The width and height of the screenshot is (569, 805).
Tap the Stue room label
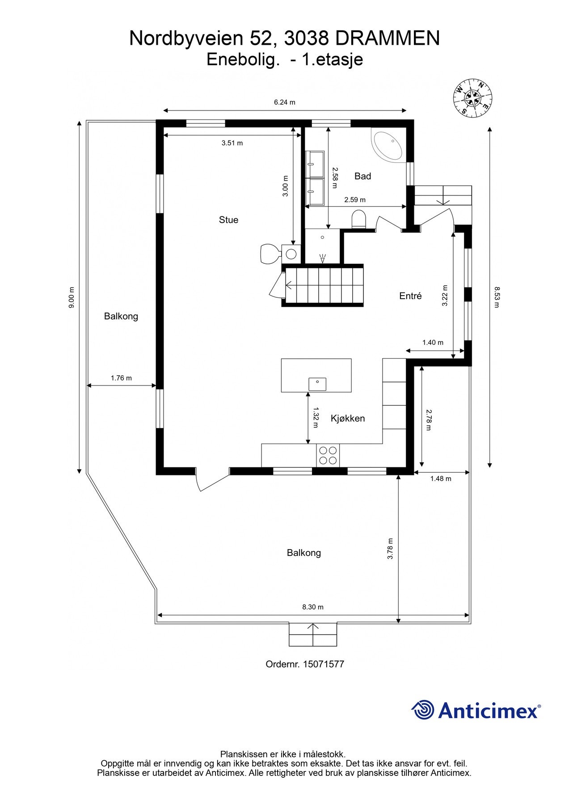[228, 220]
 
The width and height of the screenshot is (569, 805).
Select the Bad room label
[362, 176]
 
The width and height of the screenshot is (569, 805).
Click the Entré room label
[410, 296]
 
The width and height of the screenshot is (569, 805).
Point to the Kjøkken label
[348, 418]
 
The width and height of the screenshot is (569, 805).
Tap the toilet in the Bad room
[358, 219]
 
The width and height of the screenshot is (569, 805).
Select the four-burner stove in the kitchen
[328, 455]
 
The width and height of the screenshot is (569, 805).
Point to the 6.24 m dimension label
[285, 102]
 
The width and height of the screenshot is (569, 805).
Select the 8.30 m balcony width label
[313, 607]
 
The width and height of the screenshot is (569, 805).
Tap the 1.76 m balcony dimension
[121, 378]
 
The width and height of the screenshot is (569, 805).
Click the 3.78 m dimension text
[390, 548]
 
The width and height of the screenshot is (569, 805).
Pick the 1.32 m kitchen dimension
[316, 417]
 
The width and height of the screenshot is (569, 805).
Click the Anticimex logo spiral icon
[422, 710]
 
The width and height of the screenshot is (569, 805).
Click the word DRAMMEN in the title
[387, 39]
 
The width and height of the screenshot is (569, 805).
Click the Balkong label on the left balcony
[121, 316]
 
